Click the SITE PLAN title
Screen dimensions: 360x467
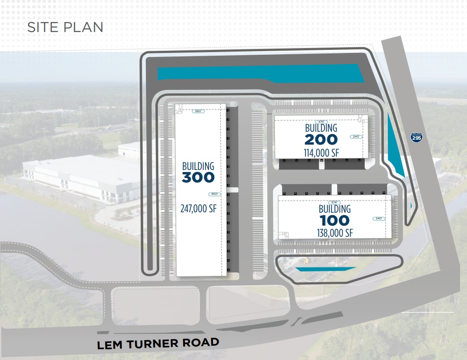click(x=65, y=27)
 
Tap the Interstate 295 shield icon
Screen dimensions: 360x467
click(x=416, y=137)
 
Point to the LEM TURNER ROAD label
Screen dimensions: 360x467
click(x=158, y=344)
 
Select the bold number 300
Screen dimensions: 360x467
click(x=198, y=178)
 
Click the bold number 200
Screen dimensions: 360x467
click(x=321, y=140)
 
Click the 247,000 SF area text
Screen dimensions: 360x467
click(x=198, y=208)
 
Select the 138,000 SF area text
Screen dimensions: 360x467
click(x=334, y=233)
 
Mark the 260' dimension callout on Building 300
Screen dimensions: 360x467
click(x=198, y=111)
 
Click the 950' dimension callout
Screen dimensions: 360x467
click(x=214, y=194)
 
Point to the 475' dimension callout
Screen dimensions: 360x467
click(x=321, y=121)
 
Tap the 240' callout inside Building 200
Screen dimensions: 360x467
click(x=357, y=137)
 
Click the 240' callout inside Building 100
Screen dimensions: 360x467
click(x=379, y=218)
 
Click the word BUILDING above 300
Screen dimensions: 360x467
click(x=198, y=166)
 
